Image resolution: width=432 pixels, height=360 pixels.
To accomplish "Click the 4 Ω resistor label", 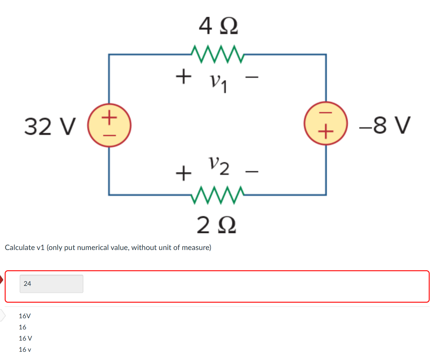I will coord(218,26).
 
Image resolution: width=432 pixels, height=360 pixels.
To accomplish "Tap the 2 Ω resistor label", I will coord(216,225).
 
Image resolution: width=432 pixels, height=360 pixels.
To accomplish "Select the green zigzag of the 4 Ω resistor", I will coord(217,54).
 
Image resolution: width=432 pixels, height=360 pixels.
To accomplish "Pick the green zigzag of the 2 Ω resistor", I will coord(217,195).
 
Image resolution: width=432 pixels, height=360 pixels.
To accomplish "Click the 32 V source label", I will coord(50,126).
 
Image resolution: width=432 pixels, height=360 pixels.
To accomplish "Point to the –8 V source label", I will coord(385,125).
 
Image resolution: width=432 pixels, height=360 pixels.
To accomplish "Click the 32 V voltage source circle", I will coord(109,125).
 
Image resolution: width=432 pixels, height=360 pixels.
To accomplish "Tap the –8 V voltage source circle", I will coord(326,123).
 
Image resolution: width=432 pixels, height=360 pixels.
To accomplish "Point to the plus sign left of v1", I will coord(184,76).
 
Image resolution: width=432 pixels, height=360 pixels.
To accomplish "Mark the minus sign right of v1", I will coord(252,77).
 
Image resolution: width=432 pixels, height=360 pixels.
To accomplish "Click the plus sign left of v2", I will coord(184,173).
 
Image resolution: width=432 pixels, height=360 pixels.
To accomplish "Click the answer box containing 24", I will coord(51,284).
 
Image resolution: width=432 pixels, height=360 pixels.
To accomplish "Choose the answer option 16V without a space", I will coord(25,316).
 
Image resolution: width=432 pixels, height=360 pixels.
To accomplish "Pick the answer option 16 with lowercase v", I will coord(25,350).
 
